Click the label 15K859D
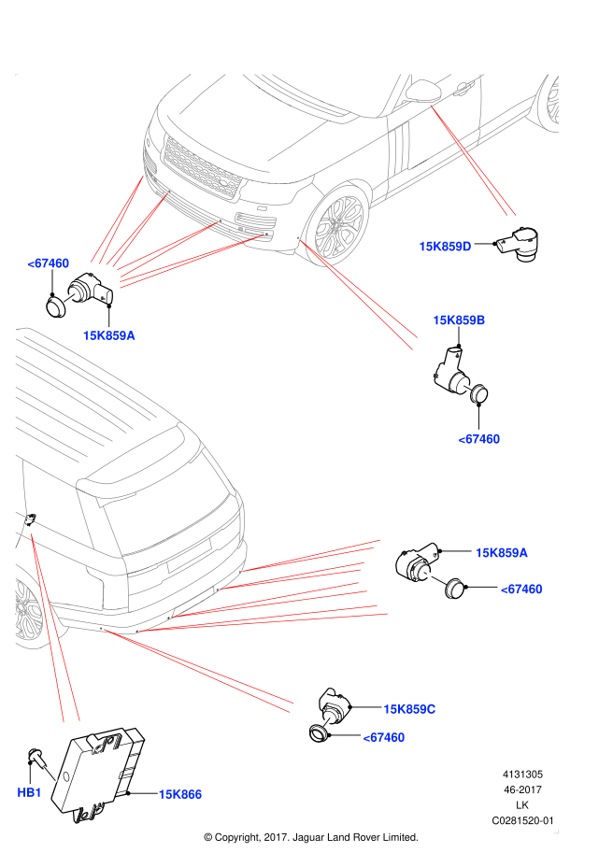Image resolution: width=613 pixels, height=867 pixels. tap(445, 247)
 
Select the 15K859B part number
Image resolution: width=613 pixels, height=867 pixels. tap(459, 320)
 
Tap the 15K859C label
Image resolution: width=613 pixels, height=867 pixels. tap(409, 709)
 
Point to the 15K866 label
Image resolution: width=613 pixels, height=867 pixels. tap(179, 794)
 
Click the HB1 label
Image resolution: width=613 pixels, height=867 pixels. tap(29, 792)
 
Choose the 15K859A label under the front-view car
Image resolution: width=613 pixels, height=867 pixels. tap(108, 335)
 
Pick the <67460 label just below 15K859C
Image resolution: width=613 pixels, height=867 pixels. tap(384, 737)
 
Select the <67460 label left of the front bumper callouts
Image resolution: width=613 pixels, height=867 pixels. tap(48, 263)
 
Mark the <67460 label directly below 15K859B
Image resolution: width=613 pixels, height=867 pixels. tap(478, 439)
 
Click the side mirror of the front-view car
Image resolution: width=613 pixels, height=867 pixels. tap(424, 91)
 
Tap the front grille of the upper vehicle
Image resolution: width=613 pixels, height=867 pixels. tap(202, 166)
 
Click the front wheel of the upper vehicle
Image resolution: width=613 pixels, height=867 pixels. tap(337, 225)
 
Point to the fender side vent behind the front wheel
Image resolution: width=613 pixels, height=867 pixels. tap(401, 149)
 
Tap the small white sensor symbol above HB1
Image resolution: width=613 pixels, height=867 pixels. tap(50, 775)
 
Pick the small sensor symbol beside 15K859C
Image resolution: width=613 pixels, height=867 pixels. tap(326, 722)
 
